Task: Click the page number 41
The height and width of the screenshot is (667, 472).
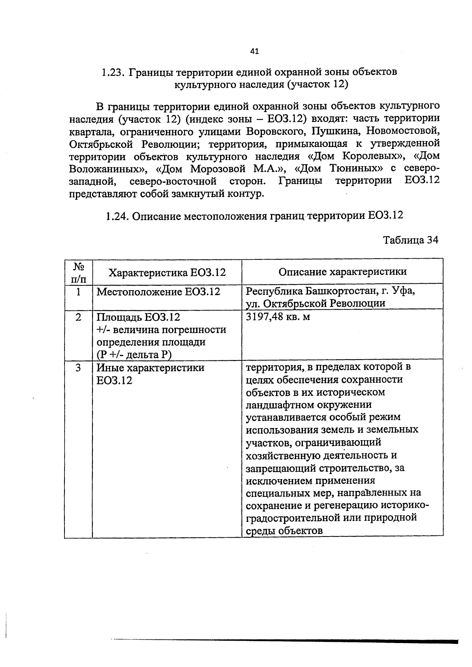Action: [254, 51]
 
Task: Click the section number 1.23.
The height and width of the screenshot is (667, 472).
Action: [113, 72]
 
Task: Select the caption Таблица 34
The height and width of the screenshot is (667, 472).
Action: [410, 240]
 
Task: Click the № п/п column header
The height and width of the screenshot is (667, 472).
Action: [79, 273]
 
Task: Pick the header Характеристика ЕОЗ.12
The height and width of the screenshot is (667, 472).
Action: [167, 272]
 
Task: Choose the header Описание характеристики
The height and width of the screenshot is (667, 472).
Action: [342, 272]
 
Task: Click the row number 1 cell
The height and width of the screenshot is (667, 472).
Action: [79, 292]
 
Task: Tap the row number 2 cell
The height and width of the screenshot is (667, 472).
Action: [79, 317]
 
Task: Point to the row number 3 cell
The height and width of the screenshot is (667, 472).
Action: [79, 368]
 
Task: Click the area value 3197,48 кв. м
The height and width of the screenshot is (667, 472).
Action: [278, 316]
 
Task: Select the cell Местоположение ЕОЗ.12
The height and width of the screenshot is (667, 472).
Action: [158, 292]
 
